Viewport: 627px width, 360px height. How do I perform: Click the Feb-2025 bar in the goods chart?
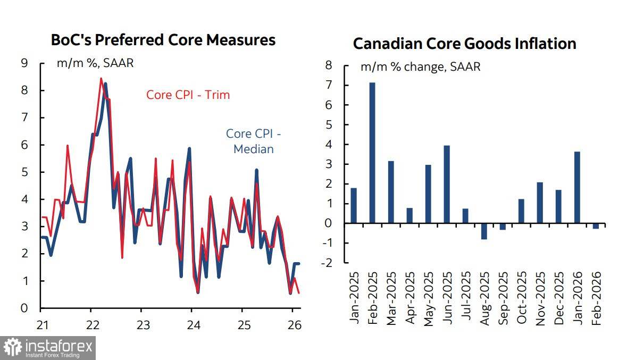click(372, 153)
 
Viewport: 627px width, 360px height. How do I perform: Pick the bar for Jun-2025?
click(447, 185)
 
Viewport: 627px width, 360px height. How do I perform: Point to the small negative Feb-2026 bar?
click(596, 226)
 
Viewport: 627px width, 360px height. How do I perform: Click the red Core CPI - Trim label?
click(188, 95)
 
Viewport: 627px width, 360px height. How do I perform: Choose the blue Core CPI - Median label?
click(254, 141)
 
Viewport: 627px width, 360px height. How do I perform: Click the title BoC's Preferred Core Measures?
click(163, 40)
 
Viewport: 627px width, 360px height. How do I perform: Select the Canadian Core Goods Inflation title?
click(464, 44)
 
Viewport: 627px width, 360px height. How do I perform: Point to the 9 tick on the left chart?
click(24, 63)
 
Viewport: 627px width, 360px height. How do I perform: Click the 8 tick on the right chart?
click(328, 65)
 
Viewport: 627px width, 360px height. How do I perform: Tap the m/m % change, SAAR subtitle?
click(420, 68)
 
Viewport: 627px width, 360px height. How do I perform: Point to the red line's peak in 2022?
click(101, 79)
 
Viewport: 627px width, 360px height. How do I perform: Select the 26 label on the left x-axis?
click(294, 324)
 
